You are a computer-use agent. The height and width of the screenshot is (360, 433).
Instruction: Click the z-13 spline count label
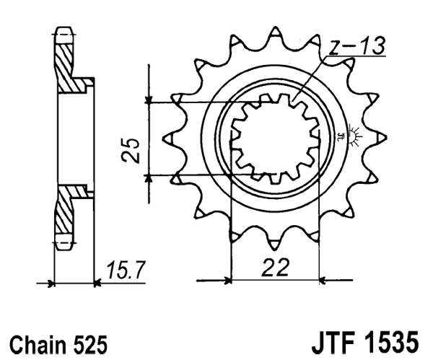pyautogui.click(x=358, y=47)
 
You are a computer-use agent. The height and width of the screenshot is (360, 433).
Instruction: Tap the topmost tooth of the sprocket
pyautogui.click(x=274, y=34)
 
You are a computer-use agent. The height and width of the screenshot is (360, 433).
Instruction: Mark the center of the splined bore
pyautogui.click(x=274, y=139)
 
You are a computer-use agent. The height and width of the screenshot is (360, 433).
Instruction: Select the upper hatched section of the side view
pyautogui.click(x=66, y=65)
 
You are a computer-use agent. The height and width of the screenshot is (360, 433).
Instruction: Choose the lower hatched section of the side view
pyautogui.click(x=66, y=213)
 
